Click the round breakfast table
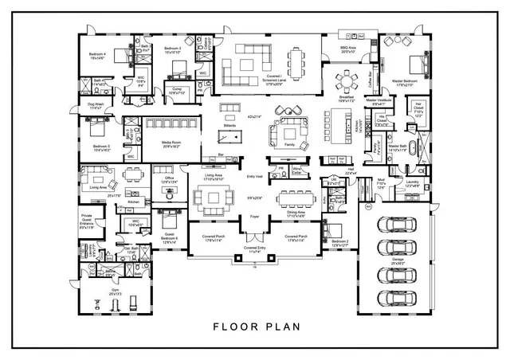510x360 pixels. click(x=348, y=80)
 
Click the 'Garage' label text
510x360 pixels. click(x=398, y=260)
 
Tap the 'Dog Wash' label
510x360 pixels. click(x=96, y=106)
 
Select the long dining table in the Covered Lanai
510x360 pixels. click(x=298, y=60)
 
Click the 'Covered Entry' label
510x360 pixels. click(x=255, y=250)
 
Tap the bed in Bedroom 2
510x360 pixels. click(x=334, y=232)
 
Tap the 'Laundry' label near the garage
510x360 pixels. click(x=412, y=185)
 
